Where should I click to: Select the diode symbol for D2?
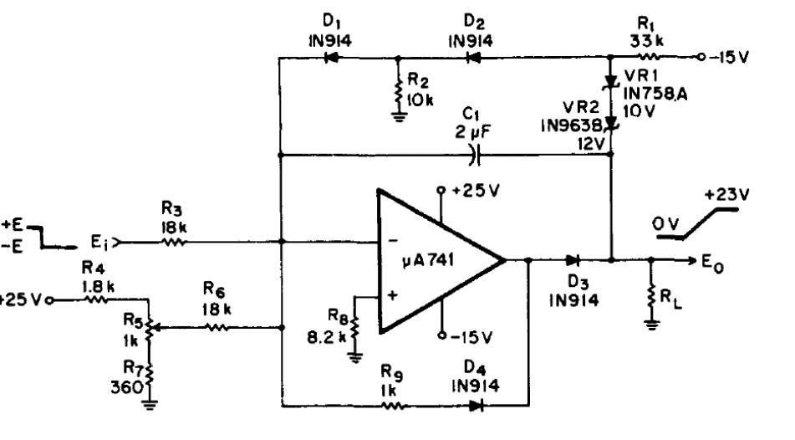(474, 58)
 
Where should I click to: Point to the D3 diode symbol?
(573, 260)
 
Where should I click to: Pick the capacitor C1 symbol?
(476, 154)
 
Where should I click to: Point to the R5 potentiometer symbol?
(149, 328)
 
